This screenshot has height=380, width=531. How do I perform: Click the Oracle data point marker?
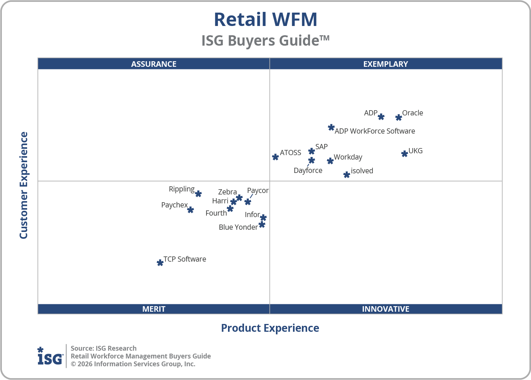(398, 118)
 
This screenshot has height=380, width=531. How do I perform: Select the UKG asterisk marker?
(404, 154)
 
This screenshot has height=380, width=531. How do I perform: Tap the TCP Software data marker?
(160, 263)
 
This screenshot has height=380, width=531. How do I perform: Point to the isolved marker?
(346, 175)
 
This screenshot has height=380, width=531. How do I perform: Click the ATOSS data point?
(275, 157)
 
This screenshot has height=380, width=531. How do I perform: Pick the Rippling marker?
(198, 194)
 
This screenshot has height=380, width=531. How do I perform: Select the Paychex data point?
(190, 210)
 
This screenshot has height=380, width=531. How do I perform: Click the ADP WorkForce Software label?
(375, 131)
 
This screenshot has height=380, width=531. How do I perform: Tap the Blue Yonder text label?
(238, 227)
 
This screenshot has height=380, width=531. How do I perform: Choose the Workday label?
(348, 157)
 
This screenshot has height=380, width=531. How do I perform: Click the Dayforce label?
(308, 170)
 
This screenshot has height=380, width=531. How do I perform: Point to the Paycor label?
(258, 190)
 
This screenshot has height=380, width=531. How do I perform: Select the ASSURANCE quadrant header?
(154, 64)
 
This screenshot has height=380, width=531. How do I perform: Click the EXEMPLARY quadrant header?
(385, 64)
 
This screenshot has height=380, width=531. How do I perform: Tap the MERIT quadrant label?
(154, 309)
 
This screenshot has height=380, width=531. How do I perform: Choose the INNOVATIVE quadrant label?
(385, 309)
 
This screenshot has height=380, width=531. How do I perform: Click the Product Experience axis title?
(270, 328)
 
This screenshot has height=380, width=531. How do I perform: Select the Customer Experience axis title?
(24, 186)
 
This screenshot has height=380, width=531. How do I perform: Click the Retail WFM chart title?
(265, 20)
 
